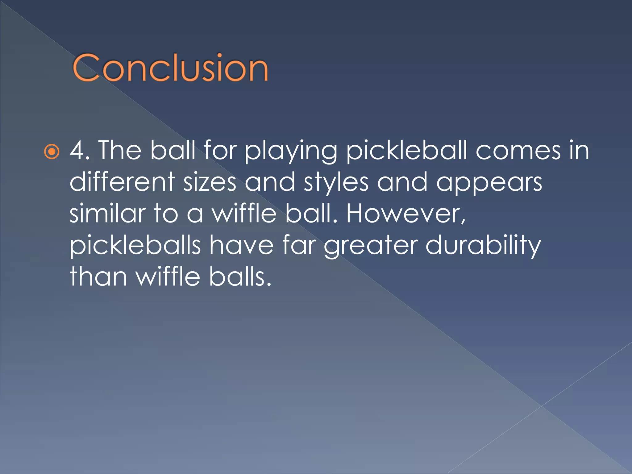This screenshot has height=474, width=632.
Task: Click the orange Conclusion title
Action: (170, 68)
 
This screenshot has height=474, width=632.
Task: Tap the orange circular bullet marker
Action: (52, 152)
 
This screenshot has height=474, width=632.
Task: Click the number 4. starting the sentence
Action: (80, 150)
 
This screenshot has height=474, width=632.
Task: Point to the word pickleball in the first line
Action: (407, 150)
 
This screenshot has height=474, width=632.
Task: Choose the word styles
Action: (336, 183)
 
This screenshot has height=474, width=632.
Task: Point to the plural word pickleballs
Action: (135, 246)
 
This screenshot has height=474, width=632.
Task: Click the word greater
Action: (370, 246)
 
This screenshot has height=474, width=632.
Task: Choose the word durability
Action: (483, 246)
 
